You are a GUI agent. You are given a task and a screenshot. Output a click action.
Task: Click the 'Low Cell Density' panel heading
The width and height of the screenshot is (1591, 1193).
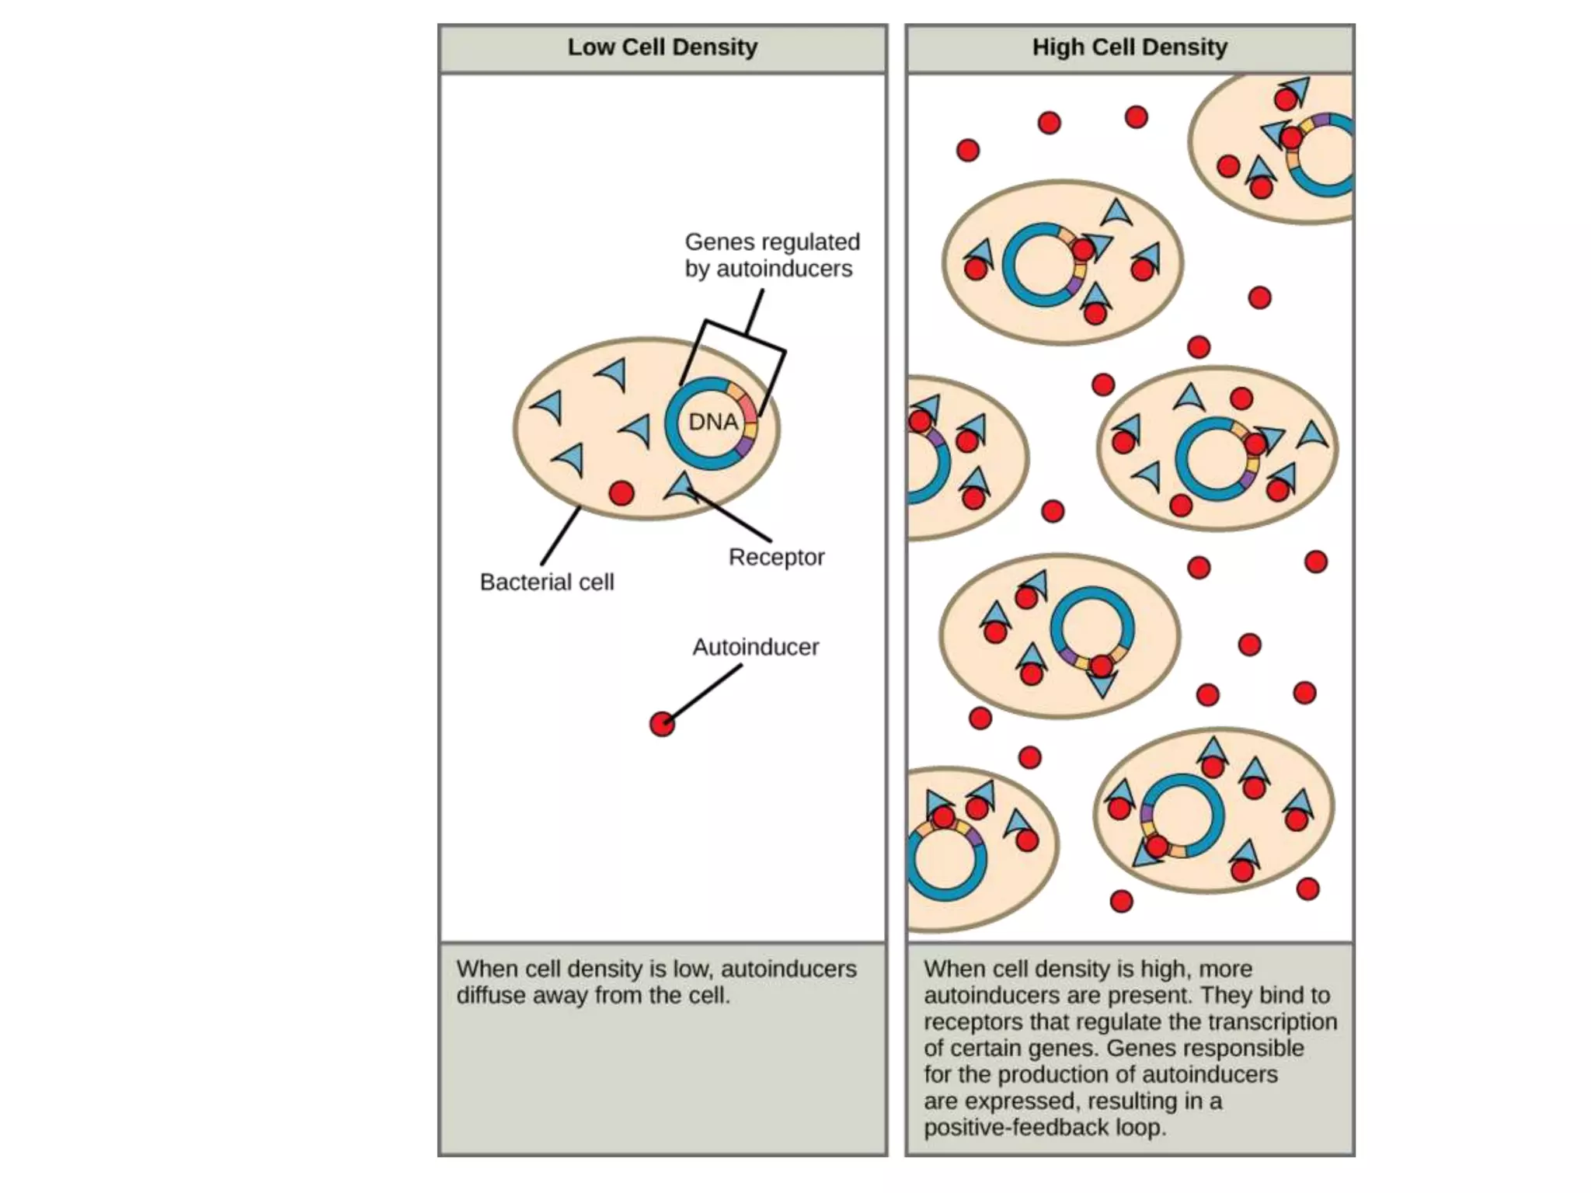tap(662, 47)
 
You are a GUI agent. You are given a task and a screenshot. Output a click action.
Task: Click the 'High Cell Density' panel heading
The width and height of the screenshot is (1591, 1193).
tap(1130, 47)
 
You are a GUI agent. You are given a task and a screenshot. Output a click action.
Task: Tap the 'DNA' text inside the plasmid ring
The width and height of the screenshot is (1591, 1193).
tap(713, 422)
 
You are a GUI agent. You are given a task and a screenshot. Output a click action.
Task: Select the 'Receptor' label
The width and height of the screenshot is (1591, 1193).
tap(776, 557)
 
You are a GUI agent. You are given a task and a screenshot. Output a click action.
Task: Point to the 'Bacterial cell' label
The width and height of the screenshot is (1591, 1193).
tap(547, 582)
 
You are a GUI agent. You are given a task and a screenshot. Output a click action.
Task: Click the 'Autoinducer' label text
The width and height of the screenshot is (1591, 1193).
tap(755, 647)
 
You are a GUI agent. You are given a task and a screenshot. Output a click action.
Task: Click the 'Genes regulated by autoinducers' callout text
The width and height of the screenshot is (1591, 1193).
tap(771, 255)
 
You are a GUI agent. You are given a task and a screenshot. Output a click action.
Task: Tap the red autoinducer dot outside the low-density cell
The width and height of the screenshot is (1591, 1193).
tap(662, 724)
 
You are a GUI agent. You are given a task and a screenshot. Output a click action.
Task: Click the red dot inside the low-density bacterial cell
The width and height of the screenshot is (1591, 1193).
tap(621, 492)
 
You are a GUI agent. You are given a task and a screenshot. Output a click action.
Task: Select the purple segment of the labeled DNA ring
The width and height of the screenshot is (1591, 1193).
tap(744, 446)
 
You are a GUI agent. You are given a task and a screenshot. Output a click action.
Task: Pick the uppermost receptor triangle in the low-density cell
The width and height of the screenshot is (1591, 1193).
tap(613, 374)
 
